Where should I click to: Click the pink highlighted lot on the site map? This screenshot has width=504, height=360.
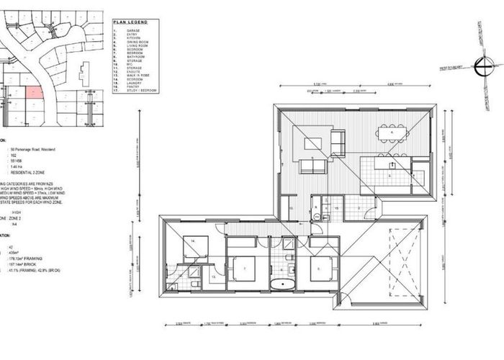[34, 91]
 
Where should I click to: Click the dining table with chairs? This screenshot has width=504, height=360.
[392, 134]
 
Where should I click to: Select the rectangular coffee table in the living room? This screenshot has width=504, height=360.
[313, 143]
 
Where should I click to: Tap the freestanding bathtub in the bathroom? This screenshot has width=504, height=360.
[287, 283]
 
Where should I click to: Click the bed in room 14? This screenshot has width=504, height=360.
[194, 247]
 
